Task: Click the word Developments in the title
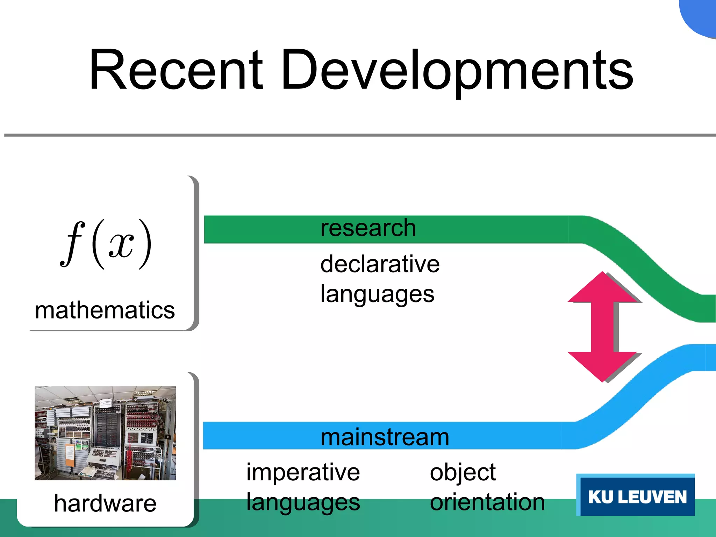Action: point(457,72)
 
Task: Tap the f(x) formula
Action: point(106,244)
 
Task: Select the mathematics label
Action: point(105,310)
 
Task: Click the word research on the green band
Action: point(368,228)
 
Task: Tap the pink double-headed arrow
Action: point(602,327)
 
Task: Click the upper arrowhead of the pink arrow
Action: point(602,288)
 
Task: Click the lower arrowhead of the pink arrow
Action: point(602,366)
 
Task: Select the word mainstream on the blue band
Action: point(385,437)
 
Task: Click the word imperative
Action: point(303,472)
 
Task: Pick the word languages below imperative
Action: point(303,503)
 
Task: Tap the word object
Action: point(463,473)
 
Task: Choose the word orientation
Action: point(487,502)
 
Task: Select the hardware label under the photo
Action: point(105,503)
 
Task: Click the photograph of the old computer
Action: point(105,433)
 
